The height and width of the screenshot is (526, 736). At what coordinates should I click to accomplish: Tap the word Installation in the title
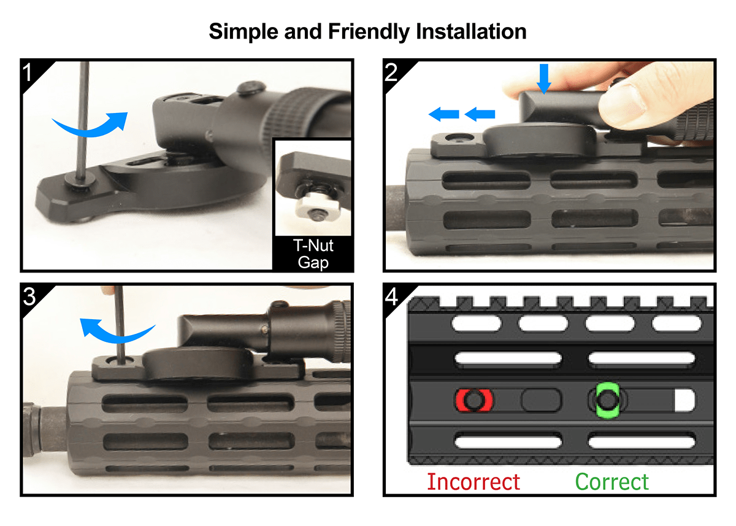coord(471,31)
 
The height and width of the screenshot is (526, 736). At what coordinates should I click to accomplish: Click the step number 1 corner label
coord(27,72)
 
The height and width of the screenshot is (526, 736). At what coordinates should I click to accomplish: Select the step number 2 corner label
coord(391,72)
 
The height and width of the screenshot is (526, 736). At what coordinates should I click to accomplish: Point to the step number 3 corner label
coord(29,296)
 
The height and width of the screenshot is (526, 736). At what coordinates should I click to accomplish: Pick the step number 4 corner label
coord(391,296)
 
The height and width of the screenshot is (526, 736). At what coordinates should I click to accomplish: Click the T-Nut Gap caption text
coord(313,254)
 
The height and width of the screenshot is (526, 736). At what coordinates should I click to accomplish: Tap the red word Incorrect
coord(473,482)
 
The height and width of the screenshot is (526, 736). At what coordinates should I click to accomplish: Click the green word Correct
coord(612,482)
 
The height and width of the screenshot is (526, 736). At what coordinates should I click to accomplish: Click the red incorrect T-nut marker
coord(474,400)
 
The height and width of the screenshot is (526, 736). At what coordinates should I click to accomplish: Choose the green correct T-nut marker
coord(608,400)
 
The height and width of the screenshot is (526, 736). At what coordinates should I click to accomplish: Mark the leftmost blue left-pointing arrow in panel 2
coord(444,114)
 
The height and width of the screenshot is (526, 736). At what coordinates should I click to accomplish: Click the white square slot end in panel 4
coord(684,400)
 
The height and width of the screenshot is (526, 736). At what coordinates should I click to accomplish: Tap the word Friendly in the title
coord(369,32)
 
